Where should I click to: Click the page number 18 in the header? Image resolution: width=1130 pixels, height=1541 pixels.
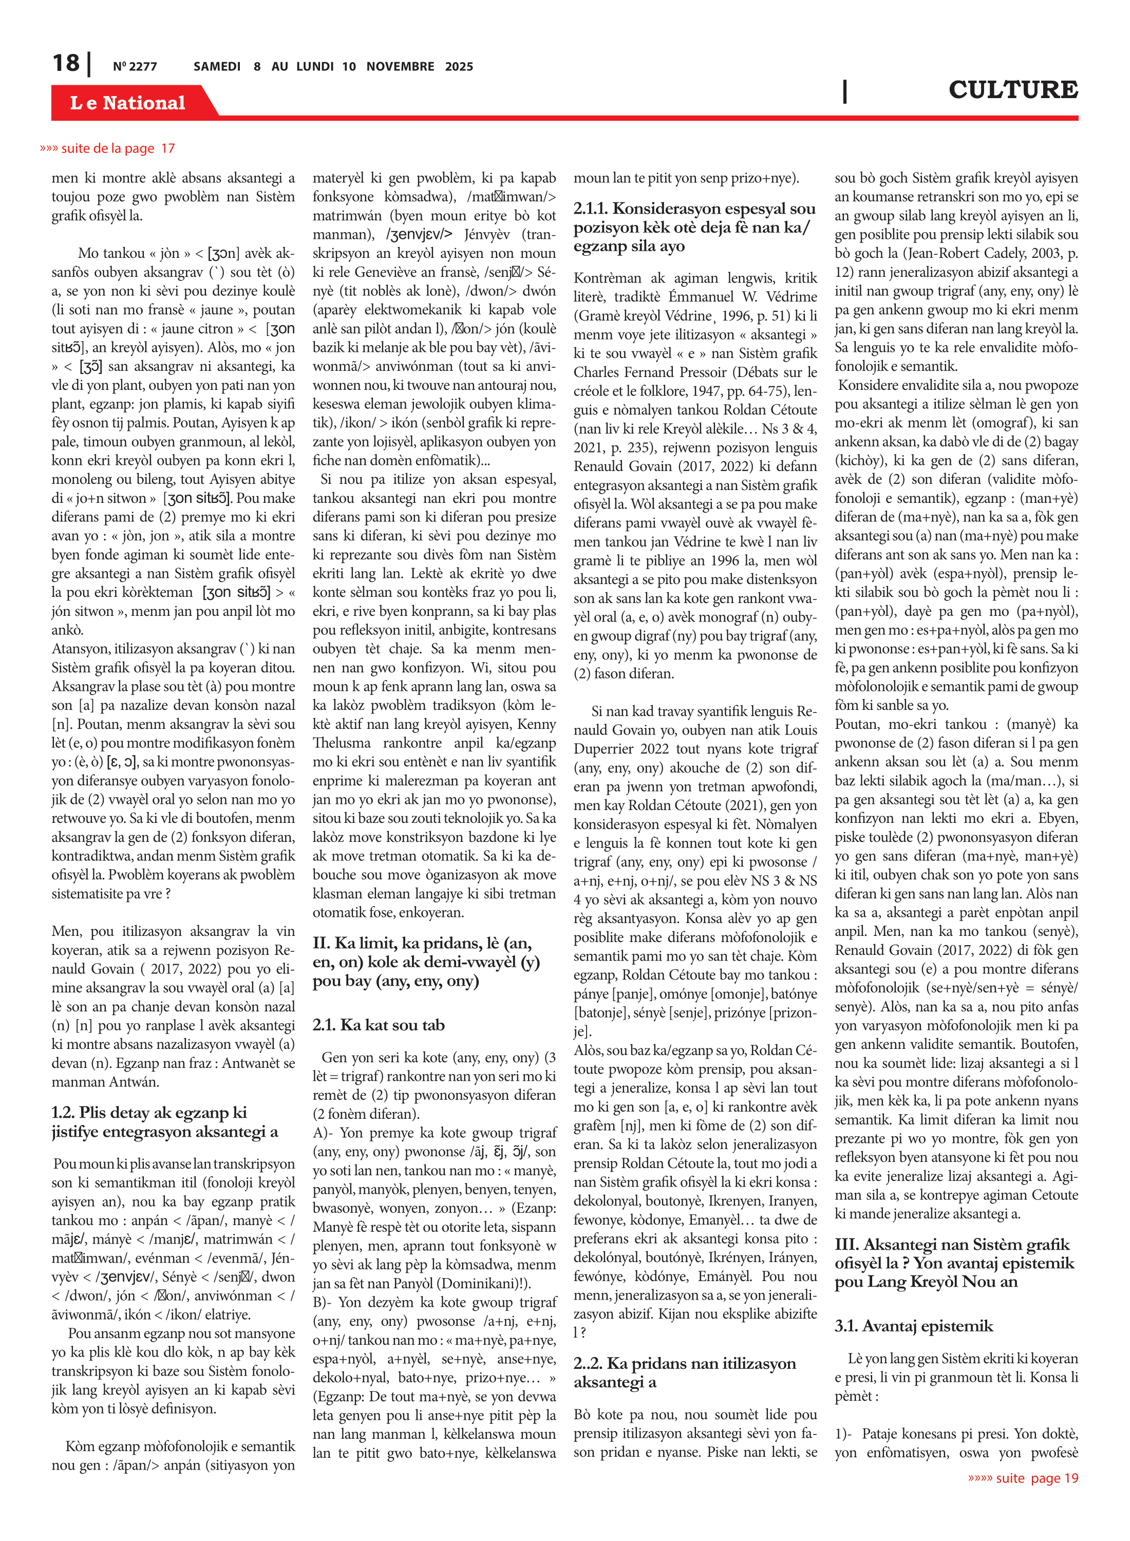click(66, 64)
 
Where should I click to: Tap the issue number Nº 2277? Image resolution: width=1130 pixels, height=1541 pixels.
click(135, 66)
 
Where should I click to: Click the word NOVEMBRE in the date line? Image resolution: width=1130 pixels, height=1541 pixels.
click(400, 66)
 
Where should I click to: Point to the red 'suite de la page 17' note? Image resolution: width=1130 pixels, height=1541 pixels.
click(107, 148)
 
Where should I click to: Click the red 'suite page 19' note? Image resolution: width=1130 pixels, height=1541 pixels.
click(1023, 1478)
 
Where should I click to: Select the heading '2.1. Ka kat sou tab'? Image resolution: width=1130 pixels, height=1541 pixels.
click(378, 1025)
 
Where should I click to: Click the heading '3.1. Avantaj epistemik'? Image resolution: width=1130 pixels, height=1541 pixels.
click(913, 1326)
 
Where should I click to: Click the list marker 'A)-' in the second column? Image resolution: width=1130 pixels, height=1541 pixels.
click(324, 1133)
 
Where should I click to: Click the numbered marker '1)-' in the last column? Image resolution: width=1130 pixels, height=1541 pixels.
click(845, 1434)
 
